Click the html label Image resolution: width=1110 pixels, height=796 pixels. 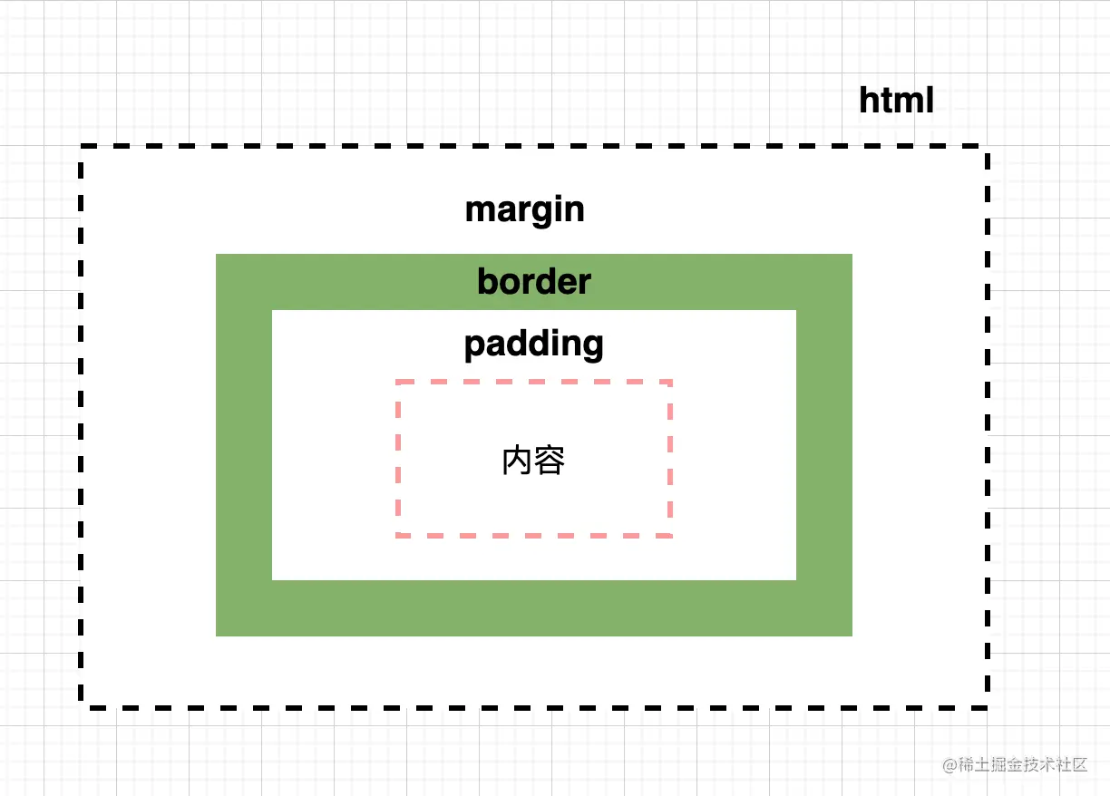[x=896, y=101]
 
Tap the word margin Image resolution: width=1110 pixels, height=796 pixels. [x=524, y=210]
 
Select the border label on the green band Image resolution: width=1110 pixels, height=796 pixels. [x=533, y=282]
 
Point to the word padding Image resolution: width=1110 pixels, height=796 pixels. [x=533, y=345]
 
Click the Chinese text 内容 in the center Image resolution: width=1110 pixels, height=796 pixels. [x=533, y=461]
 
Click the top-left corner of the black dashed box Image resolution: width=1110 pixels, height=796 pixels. [x=83, y=147]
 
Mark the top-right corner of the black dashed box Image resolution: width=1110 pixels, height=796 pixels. [x=987, y=147]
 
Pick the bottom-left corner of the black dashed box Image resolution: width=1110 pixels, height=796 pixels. [x=83, y=705]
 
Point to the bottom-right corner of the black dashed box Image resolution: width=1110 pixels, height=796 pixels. [x=987, y=705]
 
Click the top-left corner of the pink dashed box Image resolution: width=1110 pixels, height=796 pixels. [x=398, y=383]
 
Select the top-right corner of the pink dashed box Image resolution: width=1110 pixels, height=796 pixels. [x=670, y=383]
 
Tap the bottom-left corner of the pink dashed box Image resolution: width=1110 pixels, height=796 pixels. [x=398, y=535]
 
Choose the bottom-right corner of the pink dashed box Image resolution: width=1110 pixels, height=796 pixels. [x=670, y=535]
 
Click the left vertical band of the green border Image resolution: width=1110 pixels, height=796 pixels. [x=243, y=444]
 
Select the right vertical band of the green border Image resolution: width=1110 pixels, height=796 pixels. [x=824, y=444]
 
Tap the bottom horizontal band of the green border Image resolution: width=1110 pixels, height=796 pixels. [x=533, y=608]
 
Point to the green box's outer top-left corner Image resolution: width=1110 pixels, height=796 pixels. [x=217, y=255]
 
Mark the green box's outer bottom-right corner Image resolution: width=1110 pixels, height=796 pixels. [x=852, y=636]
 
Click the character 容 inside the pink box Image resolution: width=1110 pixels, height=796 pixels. [x=550, y=461]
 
